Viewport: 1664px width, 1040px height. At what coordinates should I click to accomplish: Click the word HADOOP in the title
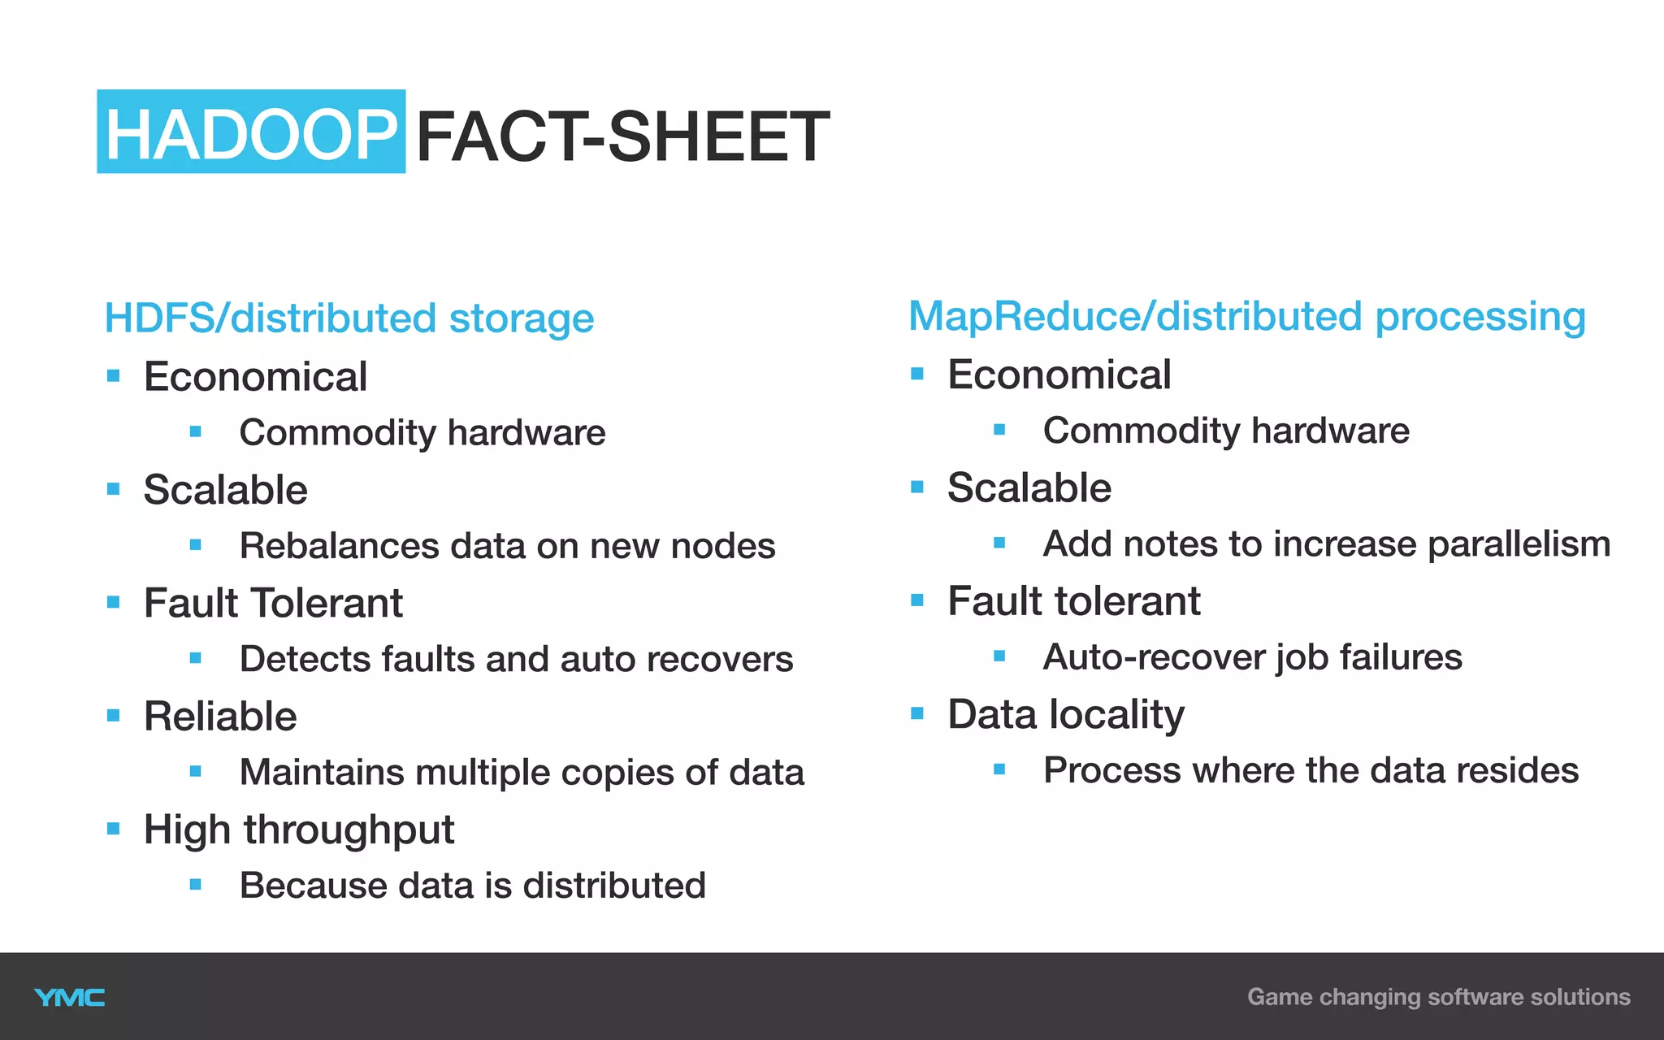[250, 134]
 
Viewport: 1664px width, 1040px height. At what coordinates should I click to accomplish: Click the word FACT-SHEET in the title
[622, 136]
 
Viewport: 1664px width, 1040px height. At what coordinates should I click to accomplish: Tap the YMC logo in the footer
[70, 997]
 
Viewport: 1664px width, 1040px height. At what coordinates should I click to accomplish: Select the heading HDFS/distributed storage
[349, 318]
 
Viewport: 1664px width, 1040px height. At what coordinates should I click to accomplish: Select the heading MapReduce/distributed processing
[1246, 317]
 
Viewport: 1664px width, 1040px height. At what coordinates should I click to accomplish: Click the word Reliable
[220, 717]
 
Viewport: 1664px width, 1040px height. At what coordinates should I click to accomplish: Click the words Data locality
[1066, 715]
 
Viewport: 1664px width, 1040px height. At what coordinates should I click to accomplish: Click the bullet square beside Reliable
[114, 716]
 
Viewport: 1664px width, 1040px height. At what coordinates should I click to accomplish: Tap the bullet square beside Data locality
[917, 714]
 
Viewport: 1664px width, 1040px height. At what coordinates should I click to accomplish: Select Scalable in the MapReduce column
[1029, 488]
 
